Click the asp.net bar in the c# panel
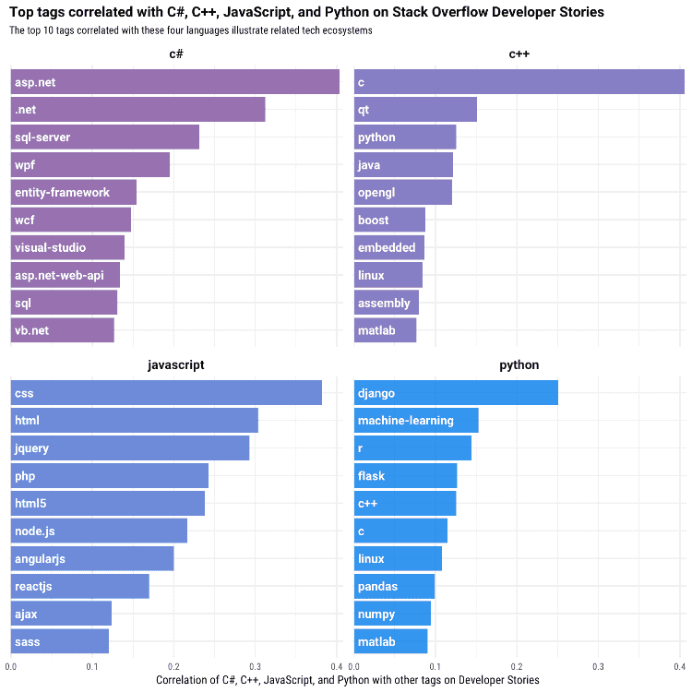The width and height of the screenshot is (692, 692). coord(175,81)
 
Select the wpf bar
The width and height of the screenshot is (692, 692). coord(90,164)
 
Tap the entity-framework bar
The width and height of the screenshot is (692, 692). coord(74,192)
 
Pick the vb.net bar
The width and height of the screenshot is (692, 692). coord(63,330)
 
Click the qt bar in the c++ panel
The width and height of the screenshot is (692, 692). coord(415,110)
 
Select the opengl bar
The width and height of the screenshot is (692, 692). coord(403,192)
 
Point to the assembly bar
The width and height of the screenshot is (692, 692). coord(387,303)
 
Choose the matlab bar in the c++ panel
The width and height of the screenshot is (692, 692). coord(386,330)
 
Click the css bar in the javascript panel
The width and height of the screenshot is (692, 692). coord(166,392)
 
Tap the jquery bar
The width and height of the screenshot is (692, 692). coord(130,447)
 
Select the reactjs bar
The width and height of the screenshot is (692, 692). coord(80,586)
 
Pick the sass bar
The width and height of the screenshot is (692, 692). coord(60,641)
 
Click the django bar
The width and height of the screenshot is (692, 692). coord(456,392)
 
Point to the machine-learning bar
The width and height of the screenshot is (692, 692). coord(416,420)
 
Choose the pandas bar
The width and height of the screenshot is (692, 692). coord(395,586)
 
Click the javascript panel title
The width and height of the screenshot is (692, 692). coord(175,365)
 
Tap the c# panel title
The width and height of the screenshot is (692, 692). coord(175,54)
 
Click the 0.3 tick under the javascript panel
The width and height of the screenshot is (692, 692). coord(255,666)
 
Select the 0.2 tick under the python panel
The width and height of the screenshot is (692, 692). coord(517,666)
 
